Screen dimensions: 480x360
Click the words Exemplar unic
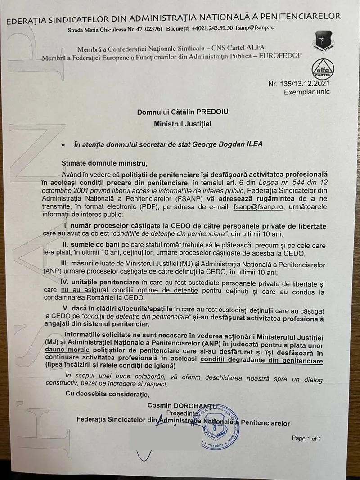coord(306,92)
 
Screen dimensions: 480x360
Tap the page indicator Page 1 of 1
coord(306,438)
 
